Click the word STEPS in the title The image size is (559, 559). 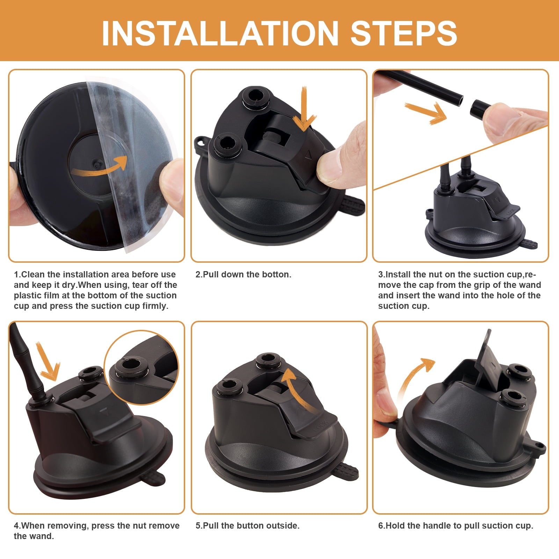pos(404,33)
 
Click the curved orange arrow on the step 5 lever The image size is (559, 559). pos(297,388)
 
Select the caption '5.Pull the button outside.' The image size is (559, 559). pos(247,525)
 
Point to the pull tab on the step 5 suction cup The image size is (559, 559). pos(346,472)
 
